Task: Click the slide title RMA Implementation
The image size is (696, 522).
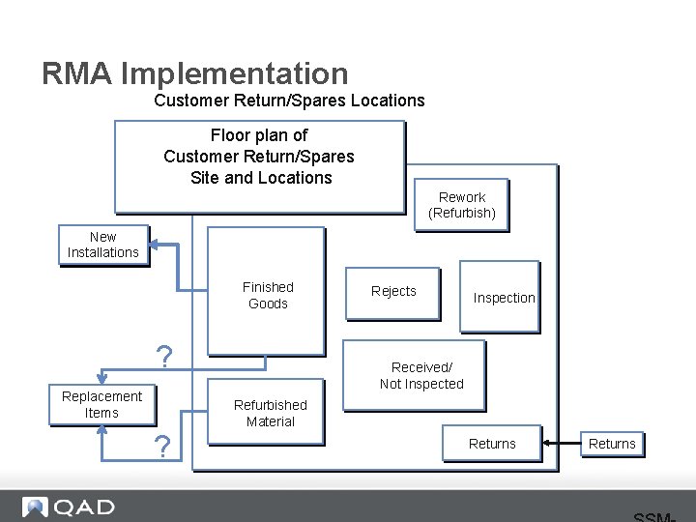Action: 194,73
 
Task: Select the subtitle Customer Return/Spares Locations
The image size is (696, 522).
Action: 289,101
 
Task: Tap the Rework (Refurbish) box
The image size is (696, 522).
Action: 461,205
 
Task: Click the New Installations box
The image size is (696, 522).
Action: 102,245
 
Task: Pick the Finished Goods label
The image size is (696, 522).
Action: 268,295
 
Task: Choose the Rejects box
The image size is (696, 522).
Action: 393,292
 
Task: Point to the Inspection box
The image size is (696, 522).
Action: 500,297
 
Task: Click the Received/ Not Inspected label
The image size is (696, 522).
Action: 421,375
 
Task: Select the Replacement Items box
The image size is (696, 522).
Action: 101,405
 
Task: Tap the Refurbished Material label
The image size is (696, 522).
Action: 270,413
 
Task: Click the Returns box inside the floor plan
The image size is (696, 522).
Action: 492,444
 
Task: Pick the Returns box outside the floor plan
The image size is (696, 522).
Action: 612,444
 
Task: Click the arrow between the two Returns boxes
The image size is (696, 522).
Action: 562,444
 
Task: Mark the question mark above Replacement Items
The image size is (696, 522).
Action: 164,358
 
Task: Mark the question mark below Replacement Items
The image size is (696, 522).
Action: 163,447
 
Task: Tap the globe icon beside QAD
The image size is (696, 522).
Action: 36,507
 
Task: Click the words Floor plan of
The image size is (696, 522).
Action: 259,135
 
